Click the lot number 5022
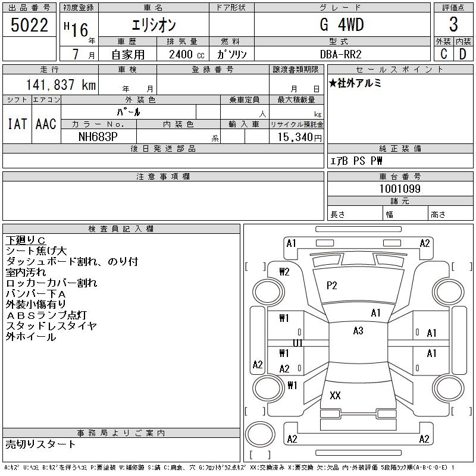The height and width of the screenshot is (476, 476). click(x=30, y=25)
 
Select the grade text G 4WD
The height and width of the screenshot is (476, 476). click(x=342, y=25)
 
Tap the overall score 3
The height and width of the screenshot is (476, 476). click(x=453, y=25)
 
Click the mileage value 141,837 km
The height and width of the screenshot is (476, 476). click(x=59, y=85)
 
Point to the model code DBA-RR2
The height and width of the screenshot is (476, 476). click(x=342, y=54)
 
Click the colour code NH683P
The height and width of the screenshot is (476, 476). click(x=99, y=137)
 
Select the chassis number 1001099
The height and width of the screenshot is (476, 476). click(x=400, y=189)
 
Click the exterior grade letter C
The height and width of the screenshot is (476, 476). click(x=443, y=54)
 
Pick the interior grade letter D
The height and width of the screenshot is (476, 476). click(x=462, y=54)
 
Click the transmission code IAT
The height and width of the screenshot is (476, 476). click(x=17, y=124)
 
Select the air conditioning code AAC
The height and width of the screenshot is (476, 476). click(x=46, y=124)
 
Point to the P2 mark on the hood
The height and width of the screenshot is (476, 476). click(x=332, y=286)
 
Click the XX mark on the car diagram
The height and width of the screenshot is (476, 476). click(x=335, y=396)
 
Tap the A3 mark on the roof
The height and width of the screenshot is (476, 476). click(x=358, y=331)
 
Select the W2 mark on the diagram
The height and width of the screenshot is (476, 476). click(x=284, y=271)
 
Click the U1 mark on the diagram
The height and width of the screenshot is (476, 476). click(x=297, y=343)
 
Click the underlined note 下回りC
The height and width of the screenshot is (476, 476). click(x=26, y=240)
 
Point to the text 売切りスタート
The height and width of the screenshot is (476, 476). click(x=40, y=444)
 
